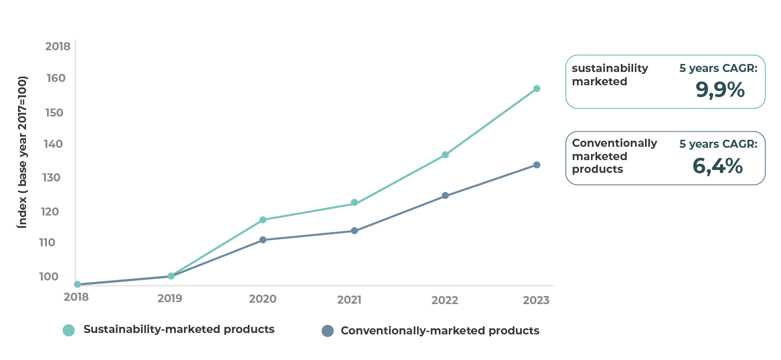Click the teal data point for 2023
pyautogui.click(x=536, y=89)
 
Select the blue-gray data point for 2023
pyautogui.click(x=536, y=165)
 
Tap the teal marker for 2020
pyautogui.click(x=263, y=220)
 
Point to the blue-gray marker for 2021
pyautogui.click(x=354, y=231)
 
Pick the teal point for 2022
pyautogui.click(x=445, y=155)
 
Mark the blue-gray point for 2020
pyautogui.click(x=263, y=240)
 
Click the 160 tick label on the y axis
pyautogui.click(x=56, y=78)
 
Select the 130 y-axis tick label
pyautogui.click(x=52, y=178)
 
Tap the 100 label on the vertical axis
pyautogui.click(x=48, y=277)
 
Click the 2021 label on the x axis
pyautogui.click(x=349, y=300)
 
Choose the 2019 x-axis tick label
pyautogui.click(x=170, y=298)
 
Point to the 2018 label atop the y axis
pyautogui.click(x=58, y=46)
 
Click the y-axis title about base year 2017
pyautogui.click(x=22, y=152)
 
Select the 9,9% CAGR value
pyautogui.click(x=720, y=90)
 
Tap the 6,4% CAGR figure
pyautogui.click(x=717, y=166)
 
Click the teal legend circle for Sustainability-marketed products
pyautogui.click(x=69, y=330)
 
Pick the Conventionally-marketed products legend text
pyautogui.click(x=440, y=331)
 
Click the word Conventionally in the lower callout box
pyautogui.click(x=614, y=143)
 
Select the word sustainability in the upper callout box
pyautogui.click(x=609, y=68)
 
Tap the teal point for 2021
pyautogui.click(x=354, y=203)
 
